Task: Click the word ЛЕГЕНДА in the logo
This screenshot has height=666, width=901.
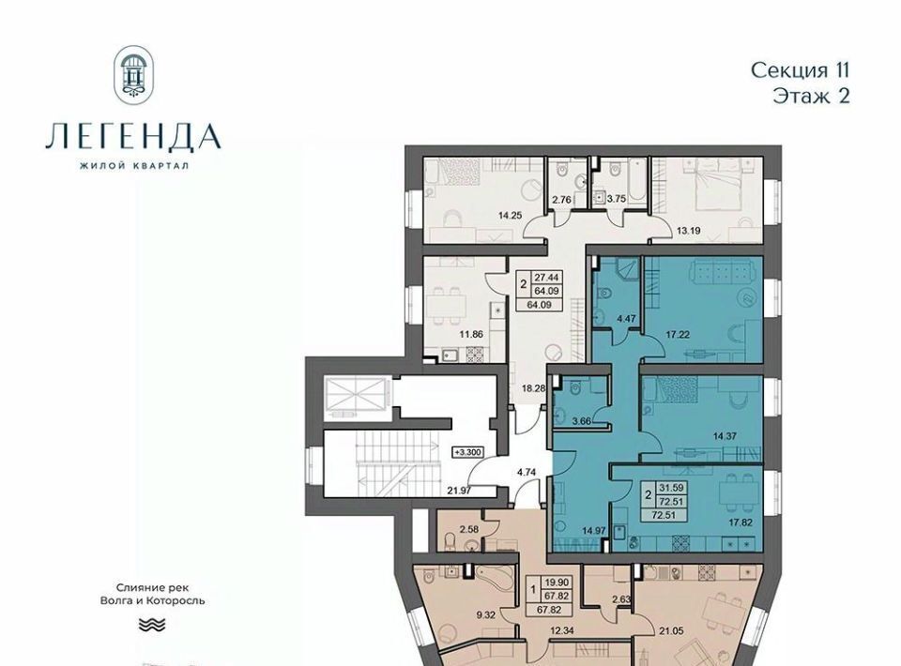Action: [133, 137]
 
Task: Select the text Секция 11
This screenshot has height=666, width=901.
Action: [800, 70]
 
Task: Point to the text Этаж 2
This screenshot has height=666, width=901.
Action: [811, 96]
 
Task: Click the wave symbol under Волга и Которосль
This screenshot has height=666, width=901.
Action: [152, 624]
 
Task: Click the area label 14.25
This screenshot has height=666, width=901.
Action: [511, 216]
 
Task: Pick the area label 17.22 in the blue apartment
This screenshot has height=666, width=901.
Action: [678, 334]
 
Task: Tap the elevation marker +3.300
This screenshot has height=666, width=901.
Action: [468, 452]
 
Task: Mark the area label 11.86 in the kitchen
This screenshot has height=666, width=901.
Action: [470, 334]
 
